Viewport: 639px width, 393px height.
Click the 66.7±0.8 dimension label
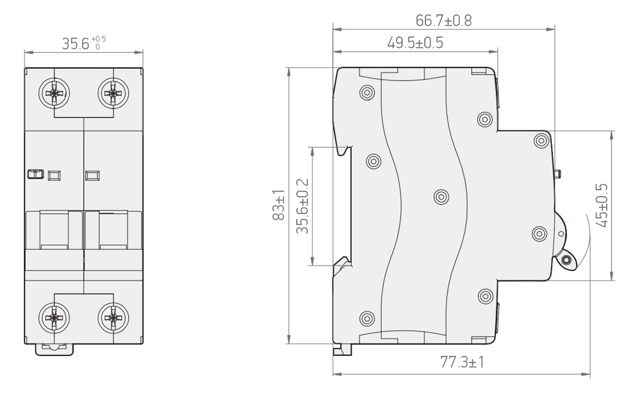pyautogui.click(x=443, y=20)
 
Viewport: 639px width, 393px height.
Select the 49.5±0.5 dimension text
pyautogui.click(x=415, y=42)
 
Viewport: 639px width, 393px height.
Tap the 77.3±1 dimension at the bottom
pyautogui.click(x=462, y=362)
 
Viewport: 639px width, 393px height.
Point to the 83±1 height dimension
pyautogui.click(x=279, y=205)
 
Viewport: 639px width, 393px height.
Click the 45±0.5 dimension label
pyautogui.click(x=601, y=205)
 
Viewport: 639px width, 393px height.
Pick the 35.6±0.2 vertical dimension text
pyautogui.click(x=302, y=206)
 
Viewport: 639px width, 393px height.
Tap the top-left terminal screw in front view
pyautogui.click(x=54, y=93)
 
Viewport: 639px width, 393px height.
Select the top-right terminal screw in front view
pyautogui.click(x=113, y=93)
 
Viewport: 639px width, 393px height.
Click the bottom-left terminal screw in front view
pyautogui.click(x=54, y=318)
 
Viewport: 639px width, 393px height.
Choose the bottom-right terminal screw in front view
pyautogui.click(x=113, y=318)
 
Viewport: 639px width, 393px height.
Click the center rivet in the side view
pyautogui.click(x=441, y=197)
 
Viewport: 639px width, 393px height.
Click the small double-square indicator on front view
pyautogui.click(x=35, y=174)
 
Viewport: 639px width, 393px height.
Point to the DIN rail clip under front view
pyautogui.click(x=54, y=349)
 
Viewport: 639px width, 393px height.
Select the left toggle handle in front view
pyautogui.click(x=54, y=230)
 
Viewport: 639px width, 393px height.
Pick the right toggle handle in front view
pyautogui.click(x=113, y=230)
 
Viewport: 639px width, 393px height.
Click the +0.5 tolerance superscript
pyautogui.click(x=99, y=39)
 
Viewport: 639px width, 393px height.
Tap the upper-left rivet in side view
pyautogui.click(x=367, y=93)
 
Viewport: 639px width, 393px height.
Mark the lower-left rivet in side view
pyautogui.click(x=367, y=318)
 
